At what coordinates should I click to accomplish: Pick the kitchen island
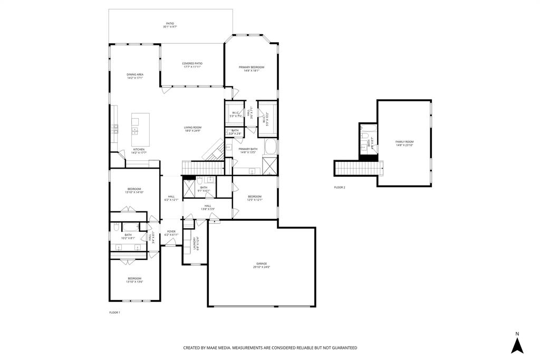[x=140, y=130]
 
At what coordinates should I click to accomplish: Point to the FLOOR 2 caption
[x=340, y=187]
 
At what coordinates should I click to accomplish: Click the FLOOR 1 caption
[x=114, y=313]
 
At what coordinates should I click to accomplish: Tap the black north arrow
[x=517, y=345]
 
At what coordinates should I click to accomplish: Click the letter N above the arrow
[x=517, y=334]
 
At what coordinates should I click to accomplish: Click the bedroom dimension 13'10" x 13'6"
[x=134, y=282]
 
